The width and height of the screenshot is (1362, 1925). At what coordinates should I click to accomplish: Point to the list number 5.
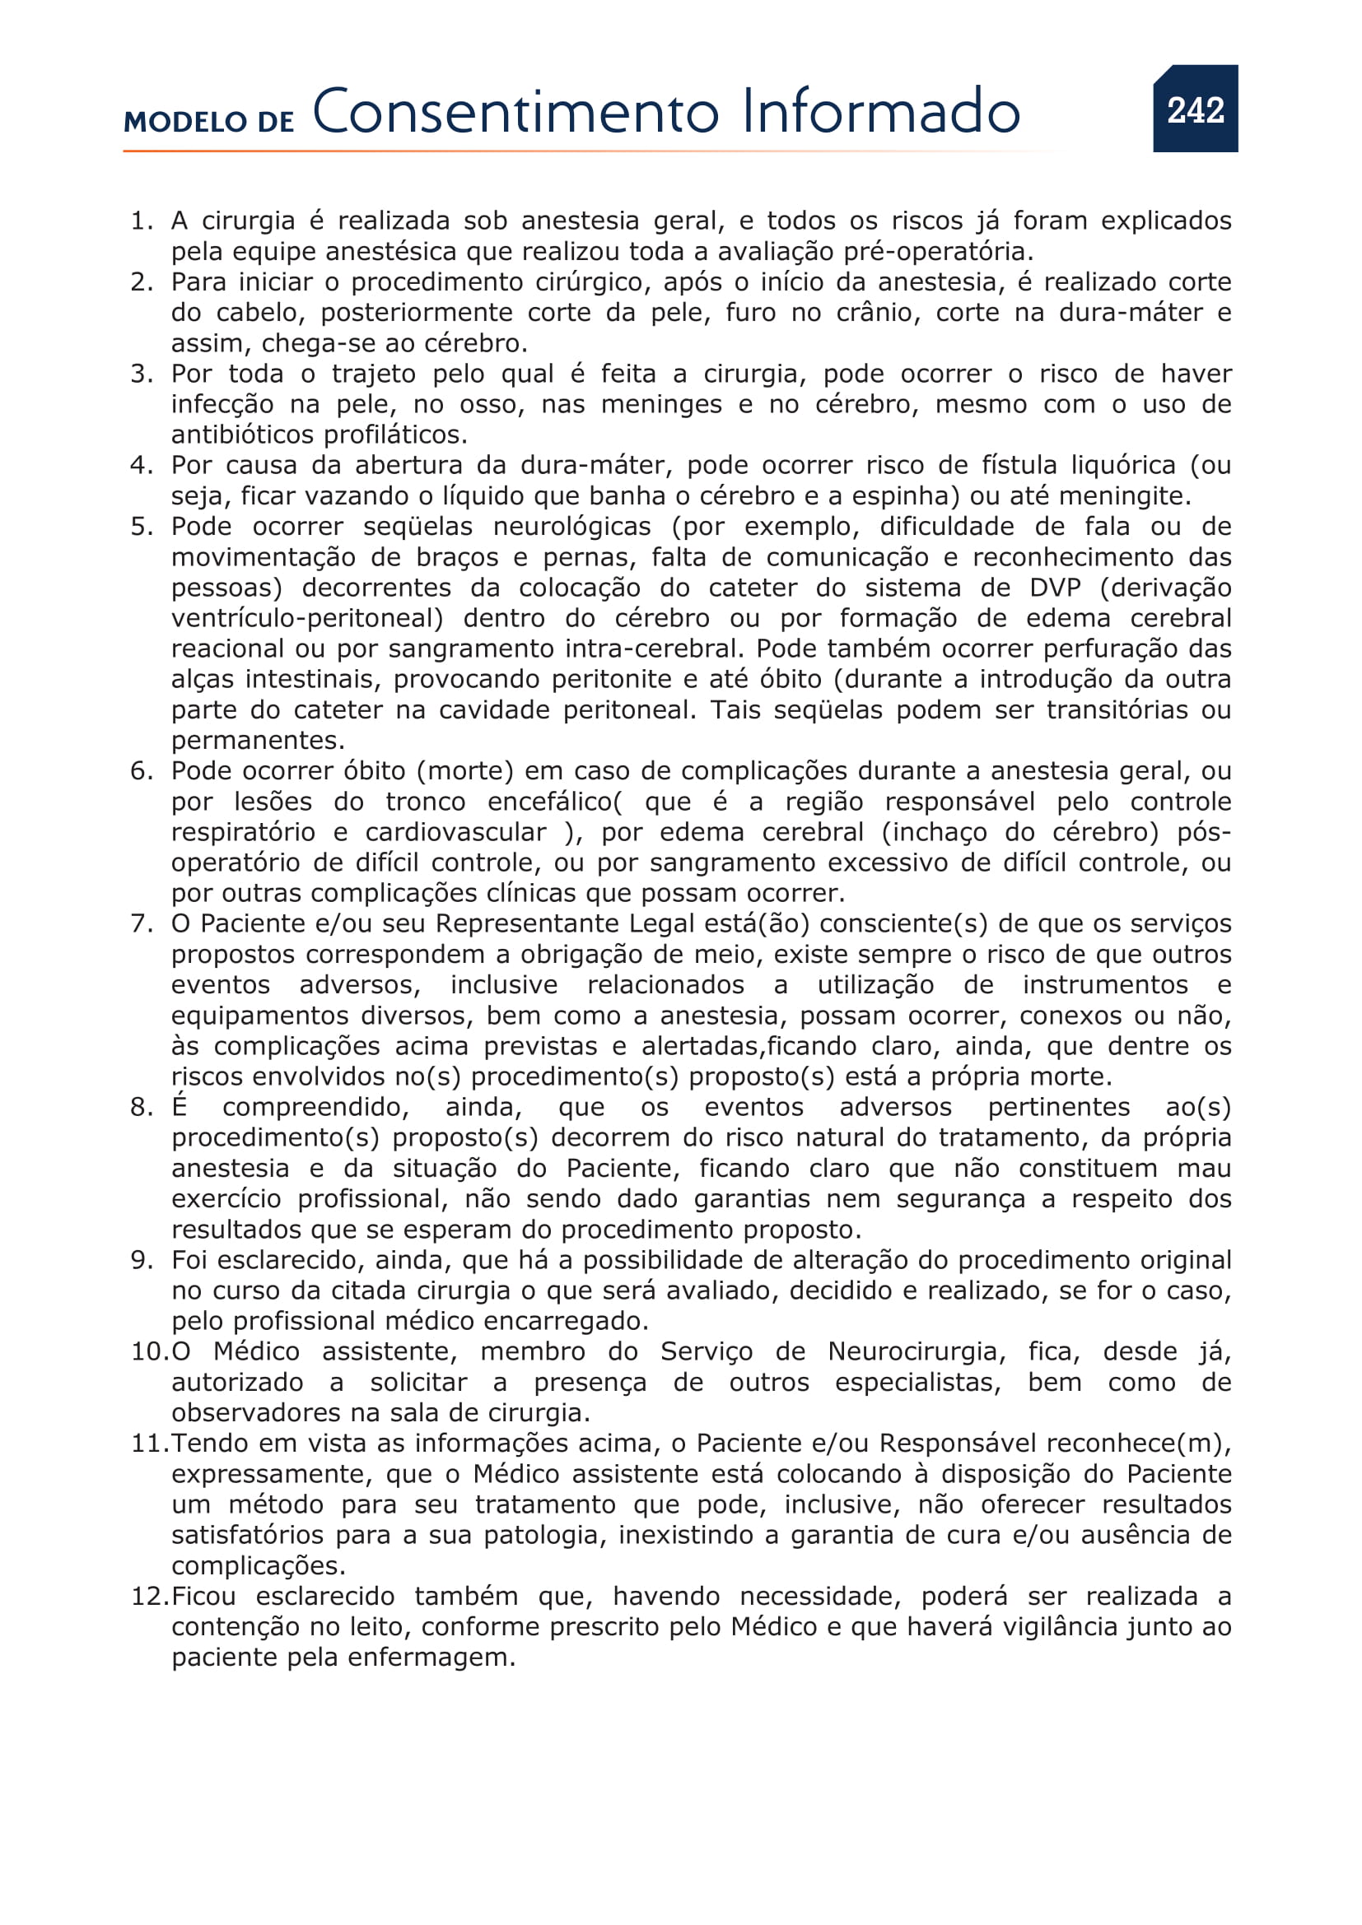tap(140, 527)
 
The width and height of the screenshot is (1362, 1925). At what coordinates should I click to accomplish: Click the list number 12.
tap(149, 1596)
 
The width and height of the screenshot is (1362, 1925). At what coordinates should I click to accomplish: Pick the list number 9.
tap(140, 1260)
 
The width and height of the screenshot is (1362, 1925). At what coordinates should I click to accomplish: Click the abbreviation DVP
tap(1054, 588)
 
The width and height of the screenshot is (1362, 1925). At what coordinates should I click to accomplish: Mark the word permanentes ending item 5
tap(257, 741)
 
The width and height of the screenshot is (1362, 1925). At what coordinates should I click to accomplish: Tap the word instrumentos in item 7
tap(1104, 985)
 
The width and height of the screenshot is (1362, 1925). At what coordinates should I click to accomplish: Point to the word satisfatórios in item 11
tap(246, 1535)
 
